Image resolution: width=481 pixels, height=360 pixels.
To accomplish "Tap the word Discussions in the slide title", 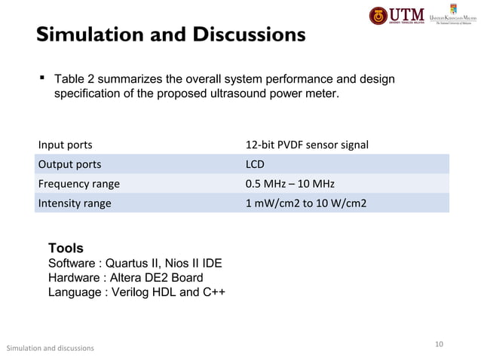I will (x=243, y=35).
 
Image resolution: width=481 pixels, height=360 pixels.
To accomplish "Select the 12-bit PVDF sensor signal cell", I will (x=307, y=145).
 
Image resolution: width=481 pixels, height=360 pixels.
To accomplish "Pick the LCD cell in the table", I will (x=255, y=164).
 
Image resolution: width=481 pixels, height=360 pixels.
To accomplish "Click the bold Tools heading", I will (x=66, y=249).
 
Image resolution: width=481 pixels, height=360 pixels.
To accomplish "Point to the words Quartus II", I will (x=133, y=264).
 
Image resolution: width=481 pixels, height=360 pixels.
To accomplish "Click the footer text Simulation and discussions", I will (x=50, y=348).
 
